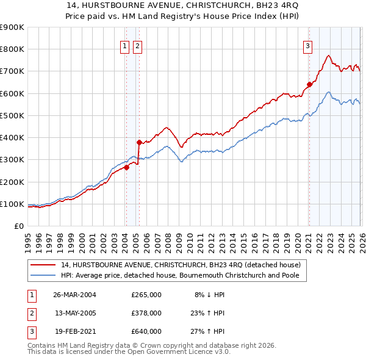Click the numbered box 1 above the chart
[x=124, y=45]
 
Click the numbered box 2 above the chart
[x=137, y=45]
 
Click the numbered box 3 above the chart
[x=308, y=45]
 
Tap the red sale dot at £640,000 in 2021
[x=309, y=85]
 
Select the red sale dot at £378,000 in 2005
[x=140, y=142]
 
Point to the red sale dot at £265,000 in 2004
[x=127, y=167]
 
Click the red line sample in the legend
[x=43, y=265]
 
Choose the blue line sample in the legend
[x=43, y=275]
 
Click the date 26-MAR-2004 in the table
[x=74, y=294]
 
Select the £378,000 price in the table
[x=146, y=313]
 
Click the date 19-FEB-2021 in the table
[x=74, y=332]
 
